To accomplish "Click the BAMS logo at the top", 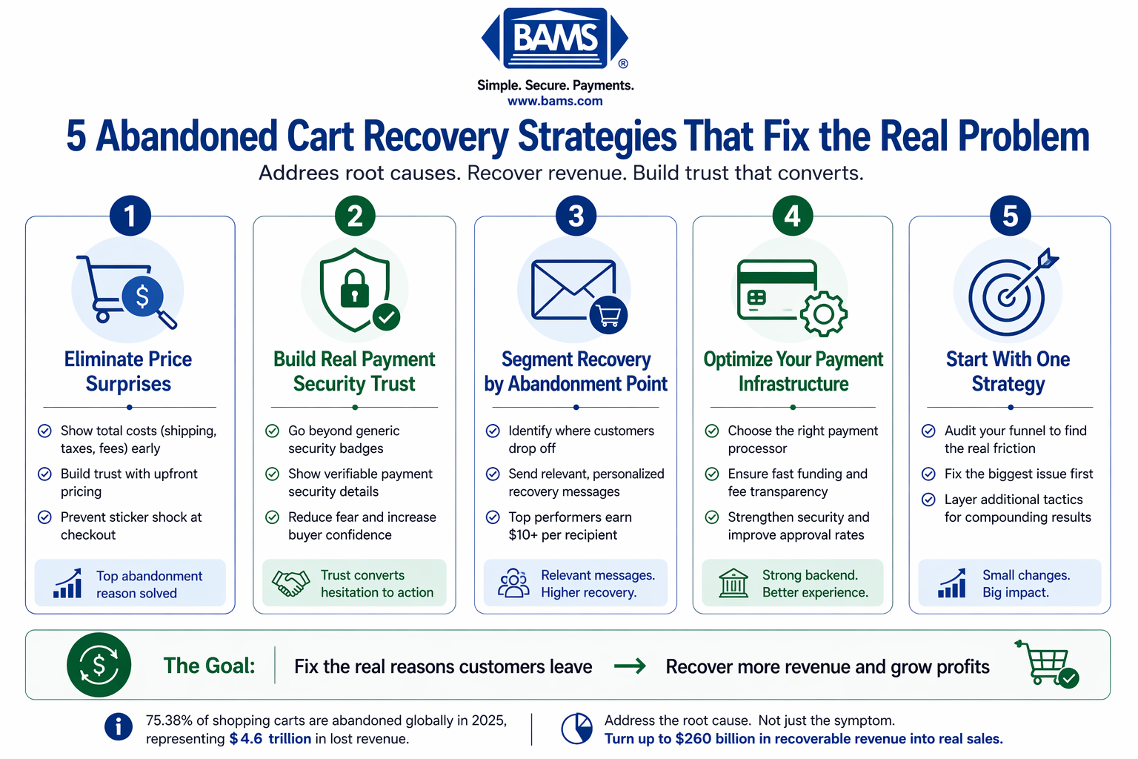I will click(555, 39).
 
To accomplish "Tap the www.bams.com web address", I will click(555, 102).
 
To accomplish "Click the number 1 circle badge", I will click(130, 216).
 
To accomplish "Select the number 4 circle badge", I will click(792, 216).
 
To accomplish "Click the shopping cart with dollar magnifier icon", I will click(127, 291).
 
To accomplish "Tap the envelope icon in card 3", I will click(573, 290).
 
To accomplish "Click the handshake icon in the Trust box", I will click(290, 583).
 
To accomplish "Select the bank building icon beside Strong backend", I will click(733, 583).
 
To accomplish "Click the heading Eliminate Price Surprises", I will click(128, 371).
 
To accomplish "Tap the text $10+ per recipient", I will click(563, 535).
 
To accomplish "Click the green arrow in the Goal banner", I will click(630, 666).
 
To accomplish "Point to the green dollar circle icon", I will click(99, 665).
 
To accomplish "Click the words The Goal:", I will click(210, 666).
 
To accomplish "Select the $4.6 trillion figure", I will click(270, 739).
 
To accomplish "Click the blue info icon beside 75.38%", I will click(119, 727).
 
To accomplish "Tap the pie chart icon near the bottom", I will click(576, 729).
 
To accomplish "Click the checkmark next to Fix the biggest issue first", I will click(928, 474).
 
